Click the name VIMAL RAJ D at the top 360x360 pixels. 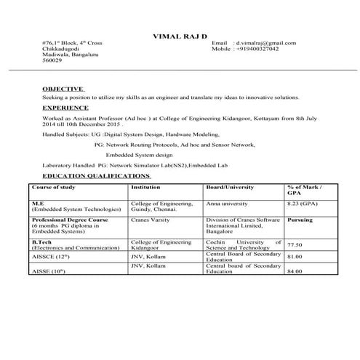pyautogui.click(x=180, y=36)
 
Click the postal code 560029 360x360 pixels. pyautogui.click(x=52, y=61)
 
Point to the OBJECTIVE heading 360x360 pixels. pyautogui.click(x=63, y=88)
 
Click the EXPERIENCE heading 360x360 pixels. pyautogui.click(x=66, y=107)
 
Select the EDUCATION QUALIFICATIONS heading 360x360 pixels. pyautogui.click(x=96, y=176)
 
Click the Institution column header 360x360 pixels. pyautogui.click(x=145, y=187)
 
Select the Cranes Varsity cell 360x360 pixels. pyautogui.click(x=150, y=218)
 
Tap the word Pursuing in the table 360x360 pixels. pyautogui.click(x=301, y=218)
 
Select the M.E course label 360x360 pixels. pyautogui.click(x=37, y=204)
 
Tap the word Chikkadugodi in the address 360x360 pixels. pyautogui.click(x=60, y=49)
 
